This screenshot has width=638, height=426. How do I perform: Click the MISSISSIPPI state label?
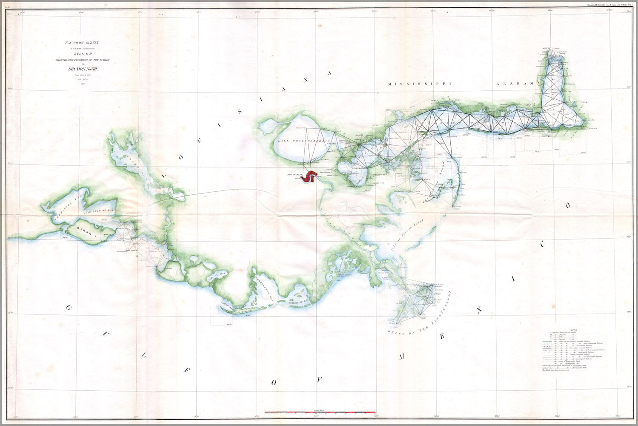point(419,84)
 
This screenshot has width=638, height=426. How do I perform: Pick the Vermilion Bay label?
point(66,213)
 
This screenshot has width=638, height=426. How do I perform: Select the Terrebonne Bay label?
point(266,290)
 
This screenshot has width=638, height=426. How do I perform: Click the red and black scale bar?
point(319,413)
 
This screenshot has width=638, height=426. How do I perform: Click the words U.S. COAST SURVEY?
point(82,43)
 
